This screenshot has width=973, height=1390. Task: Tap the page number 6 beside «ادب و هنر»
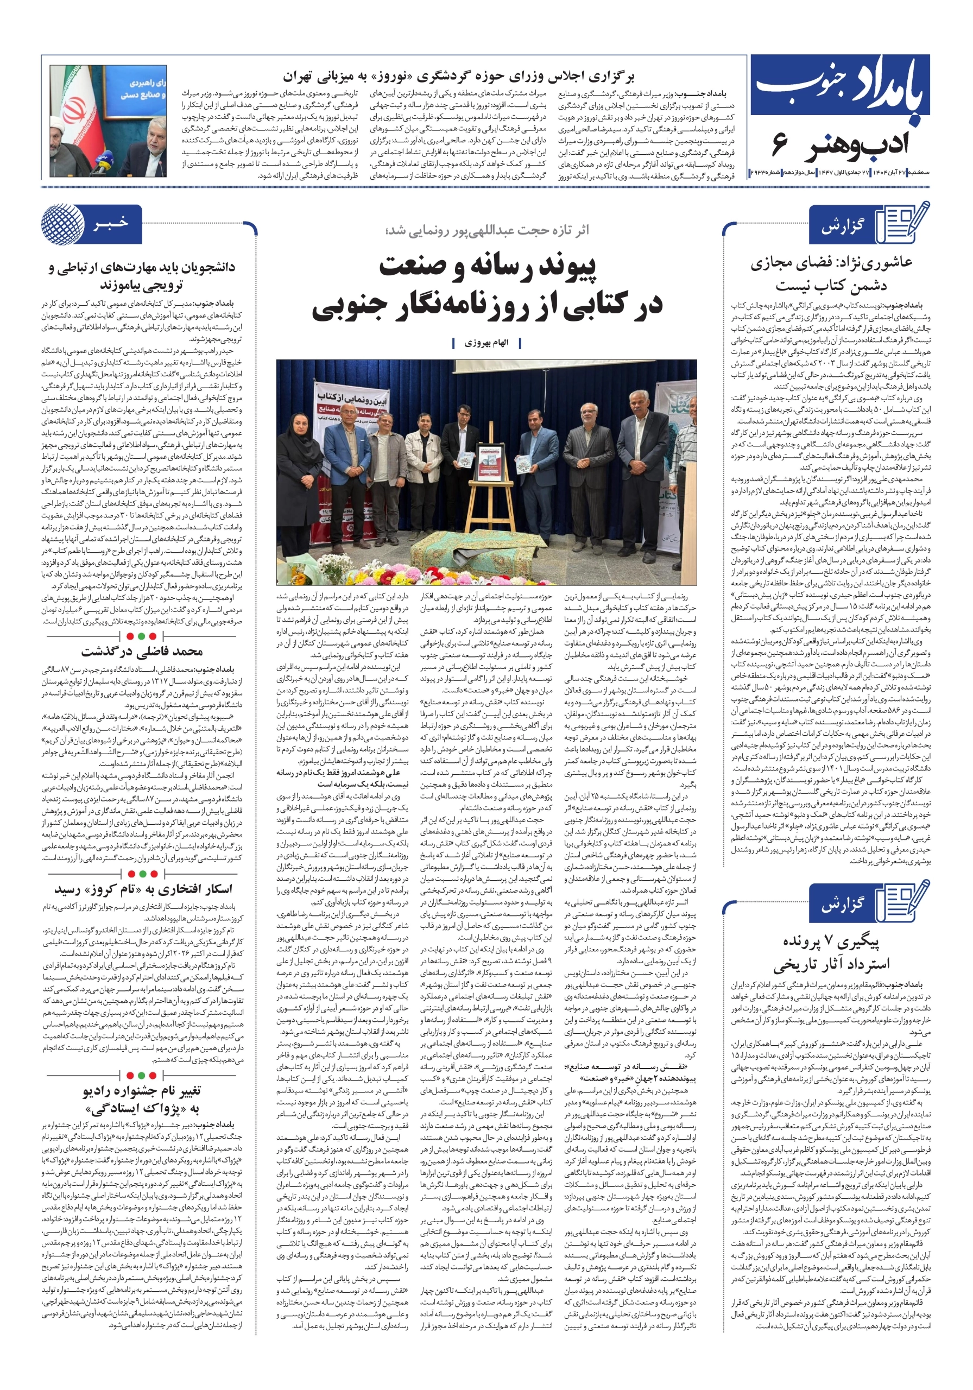click(x=779, y=144)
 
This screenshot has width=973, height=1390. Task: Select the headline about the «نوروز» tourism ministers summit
click(x=458, y=77)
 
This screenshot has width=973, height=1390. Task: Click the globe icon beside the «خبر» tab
click(x=62, y=225)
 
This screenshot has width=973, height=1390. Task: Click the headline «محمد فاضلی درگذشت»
click(x=142, y=652)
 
